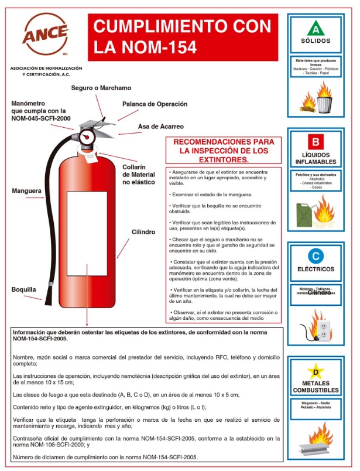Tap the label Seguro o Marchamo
point(101,88)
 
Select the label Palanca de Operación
point(155,104)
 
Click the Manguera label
point(27,190)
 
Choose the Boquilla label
point(24,289)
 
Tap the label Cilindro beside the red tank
point(143,232)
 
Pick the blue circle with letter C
point(316,255)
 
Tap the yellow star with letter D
point(316,370)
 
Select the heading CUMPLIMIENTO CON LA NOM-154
point(183,36)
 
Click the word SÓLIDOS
point(316,41)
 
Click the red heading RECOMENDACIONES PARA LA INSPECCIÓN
point(220,151)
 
